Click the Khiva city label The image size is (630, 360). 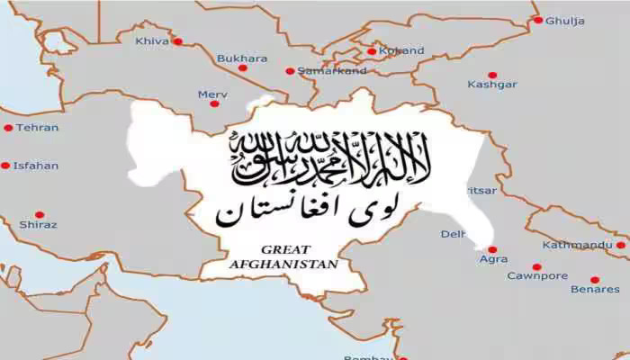coord(151,40)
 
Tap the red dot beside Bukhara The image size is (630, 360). coord(242,67)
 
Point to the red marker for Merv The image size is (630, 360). coord(214,103)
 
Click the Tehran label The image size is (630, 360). coord(37,128)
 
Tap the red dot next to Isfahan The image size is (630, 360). coord(5,166)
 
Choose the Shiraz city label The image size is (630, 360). coord(38,224)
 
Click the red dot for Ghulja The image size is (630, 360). coord(538,19)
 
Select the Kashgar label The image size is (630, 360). coord(492,85)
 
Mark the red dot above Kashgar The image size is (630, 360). coord(491,76)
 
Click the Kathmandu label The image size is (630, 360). coord(578,245)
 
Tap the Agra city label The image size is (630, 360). coord(493,259)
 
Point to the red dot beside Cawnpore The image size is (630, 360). coord(537,266)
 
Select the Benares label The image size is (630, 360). coord(595,289)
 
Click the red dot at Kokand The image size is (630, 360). coord(372,51)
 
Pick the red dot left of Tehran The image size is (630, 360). coord(8,128)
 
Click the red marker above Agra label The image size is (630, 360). coord(492,249)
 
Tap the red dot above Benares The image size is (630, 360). coord(594,280)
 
